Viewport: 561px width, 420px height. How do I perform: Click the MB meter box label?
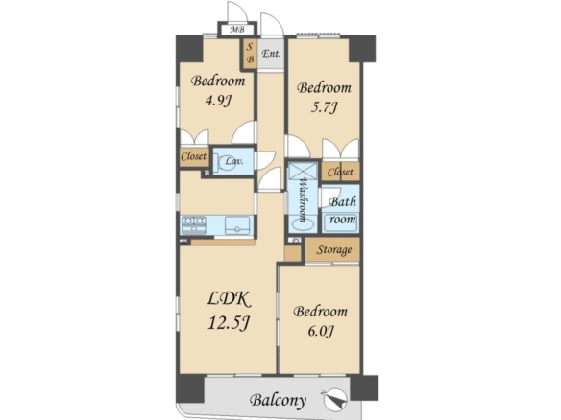(237, 30)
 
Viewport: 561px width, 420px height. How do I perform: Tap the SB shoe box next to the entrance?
(250, 54)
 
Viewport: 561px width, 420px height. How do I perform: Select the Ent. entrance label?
(271, 54)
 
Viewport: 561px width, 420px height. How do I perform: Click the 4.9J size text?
(217, 101)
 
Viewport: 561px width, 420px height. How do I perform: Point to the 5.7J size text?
(324, 107)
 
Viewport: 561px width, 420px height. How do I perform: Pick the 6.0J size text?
(321, 331)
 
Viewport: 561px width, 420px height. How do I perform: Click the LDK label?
(229, 299)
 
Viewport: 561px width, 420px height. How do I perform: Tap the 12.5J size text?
(229, 323)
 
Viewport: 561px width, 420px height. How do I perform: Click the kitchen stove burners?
(193, 225)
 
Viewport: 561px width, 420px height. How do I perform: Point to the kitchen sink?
(237, 225)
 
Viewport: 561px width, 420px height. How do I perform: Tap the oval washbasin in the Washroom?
(303, 225)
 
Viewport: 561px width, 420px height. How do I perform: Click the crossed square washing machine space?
(303, 171)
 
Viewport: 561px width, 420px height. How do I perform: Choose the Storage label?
(333, 250)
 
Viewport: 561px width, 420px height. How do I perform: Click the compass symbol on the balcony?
(335, 399)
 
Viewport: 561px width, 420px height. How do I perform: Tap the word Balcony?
(278, 400)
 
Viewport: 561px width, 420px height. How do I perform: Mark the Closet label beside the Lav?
(193, 156)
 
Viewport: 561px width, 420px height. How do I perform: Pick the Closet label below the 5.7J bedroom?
(340, 173)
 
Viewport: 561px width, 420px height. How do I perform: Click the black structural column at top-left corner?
(189, 49)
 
